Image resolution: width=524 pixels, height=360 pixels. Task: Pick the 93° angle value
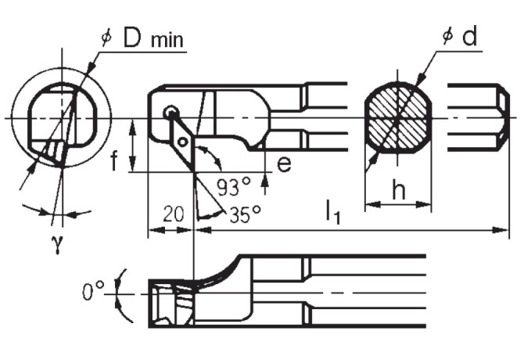pyautogui.click(x=234, y=188)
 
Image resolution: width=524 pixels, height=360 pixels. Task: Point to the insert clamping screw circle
pyautogui.click(x=170, y=113)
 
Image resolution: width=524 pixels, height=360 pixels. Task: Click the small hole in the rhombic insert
pyautogui.click(x=182, y=142)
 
